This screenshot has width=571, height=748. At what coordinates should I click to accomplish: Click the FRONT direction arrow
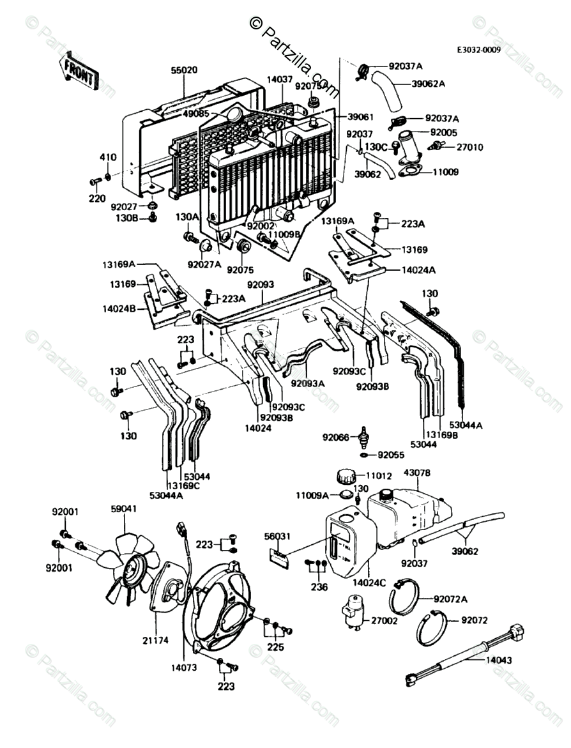[x=78, y=71]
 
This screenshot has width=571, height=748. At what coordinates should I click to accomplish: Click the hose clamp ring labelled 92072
[x=432, y=630]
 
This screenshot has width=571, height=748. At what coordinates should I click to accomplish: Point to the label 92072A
[x=450, y=599]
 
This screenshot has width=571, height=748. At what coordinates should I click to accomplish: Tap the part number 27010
[x=469, y=147]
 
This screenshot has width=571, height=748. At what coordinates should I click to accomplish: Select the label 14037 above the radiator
[x=279, y=79]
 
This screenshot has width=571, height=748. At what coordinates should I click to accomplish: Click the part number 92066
[x=336, y=438]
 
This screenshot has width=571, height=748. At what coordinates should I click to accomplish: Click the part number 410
[x=107, y=157]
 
